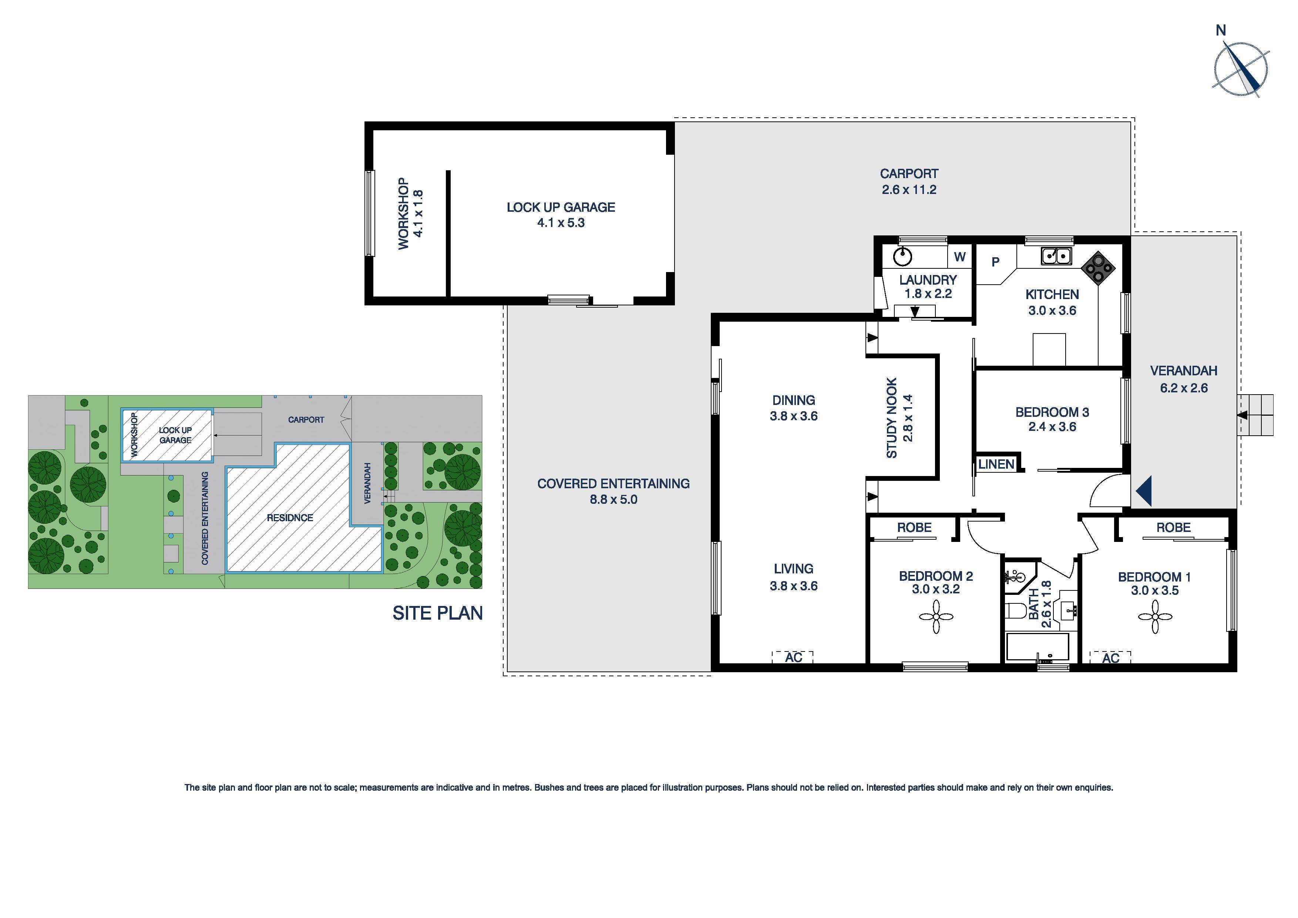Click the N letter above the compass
point(1221,31)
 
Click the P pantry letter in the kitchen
point(996,262)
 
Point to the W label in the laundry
point(960,257)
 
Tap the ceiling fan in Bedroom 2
point(936,617)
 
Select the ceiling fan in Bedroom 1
point(1154,617)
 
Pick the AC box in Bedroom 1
point(1110,658)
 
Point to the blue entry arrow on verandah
point(1144,491)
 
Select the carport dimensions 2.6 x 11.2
point(908,190)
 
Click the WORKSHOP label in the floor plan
point(403,214)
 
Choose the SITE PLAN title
point(438,613)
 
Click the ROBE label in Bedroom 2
point(914,527)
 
